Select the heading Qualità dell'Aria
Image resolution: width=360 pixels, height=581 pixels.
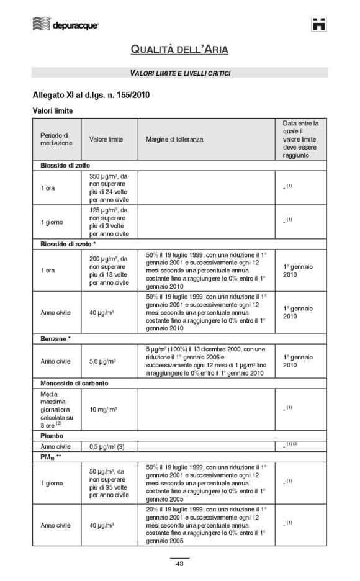coord(179,50)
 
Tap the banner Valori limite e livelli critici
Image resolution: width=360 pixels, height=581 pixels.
coord(180,73)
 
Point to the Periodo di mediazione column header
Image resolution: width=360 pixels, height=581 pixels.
coord(56,139)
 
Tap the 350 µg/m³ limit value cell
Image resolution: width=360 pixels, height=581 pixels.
coord(109,188)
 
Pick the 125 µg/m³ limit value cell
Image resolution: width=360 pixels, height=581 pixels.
coord(109,222)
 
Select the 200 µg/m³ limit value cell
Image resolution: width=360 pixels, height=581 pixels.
coord(109,271)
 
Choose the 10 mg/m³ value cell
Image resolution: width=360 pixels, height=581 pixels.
coord(104,409)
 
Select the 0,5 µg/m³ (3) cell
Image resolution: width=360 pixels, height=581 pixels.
coord(107,446)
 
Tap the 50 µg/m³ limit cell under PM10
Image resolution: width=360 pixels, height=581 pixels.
coord(109,482)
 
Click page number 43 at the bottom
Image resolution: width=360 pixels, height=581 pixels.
coord(179,564)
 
